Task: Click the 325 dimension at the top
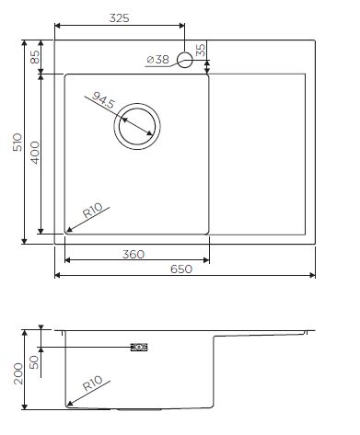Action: pos(118,17)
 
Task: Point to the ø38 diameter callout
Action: pos(157,61)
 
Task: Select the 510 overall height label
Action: pos(16,141)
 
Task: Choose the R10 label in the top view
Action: pos(93,215)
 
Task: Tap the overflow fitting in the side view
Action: pos(139,347)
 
